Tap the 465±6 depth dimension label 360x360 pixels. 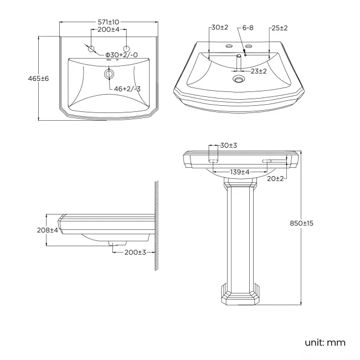[38, 79]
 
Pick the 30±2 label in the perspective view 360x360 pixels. [219, 28]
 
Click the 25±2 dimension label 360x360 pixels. [279, 28]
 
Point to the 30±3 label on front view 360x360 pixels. [229, 146]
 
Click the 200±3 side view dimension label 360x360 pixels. [135, 252]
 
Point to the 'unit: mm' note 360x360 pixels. [325, 342]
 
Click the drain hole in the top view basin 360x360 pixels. [109, 74]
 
